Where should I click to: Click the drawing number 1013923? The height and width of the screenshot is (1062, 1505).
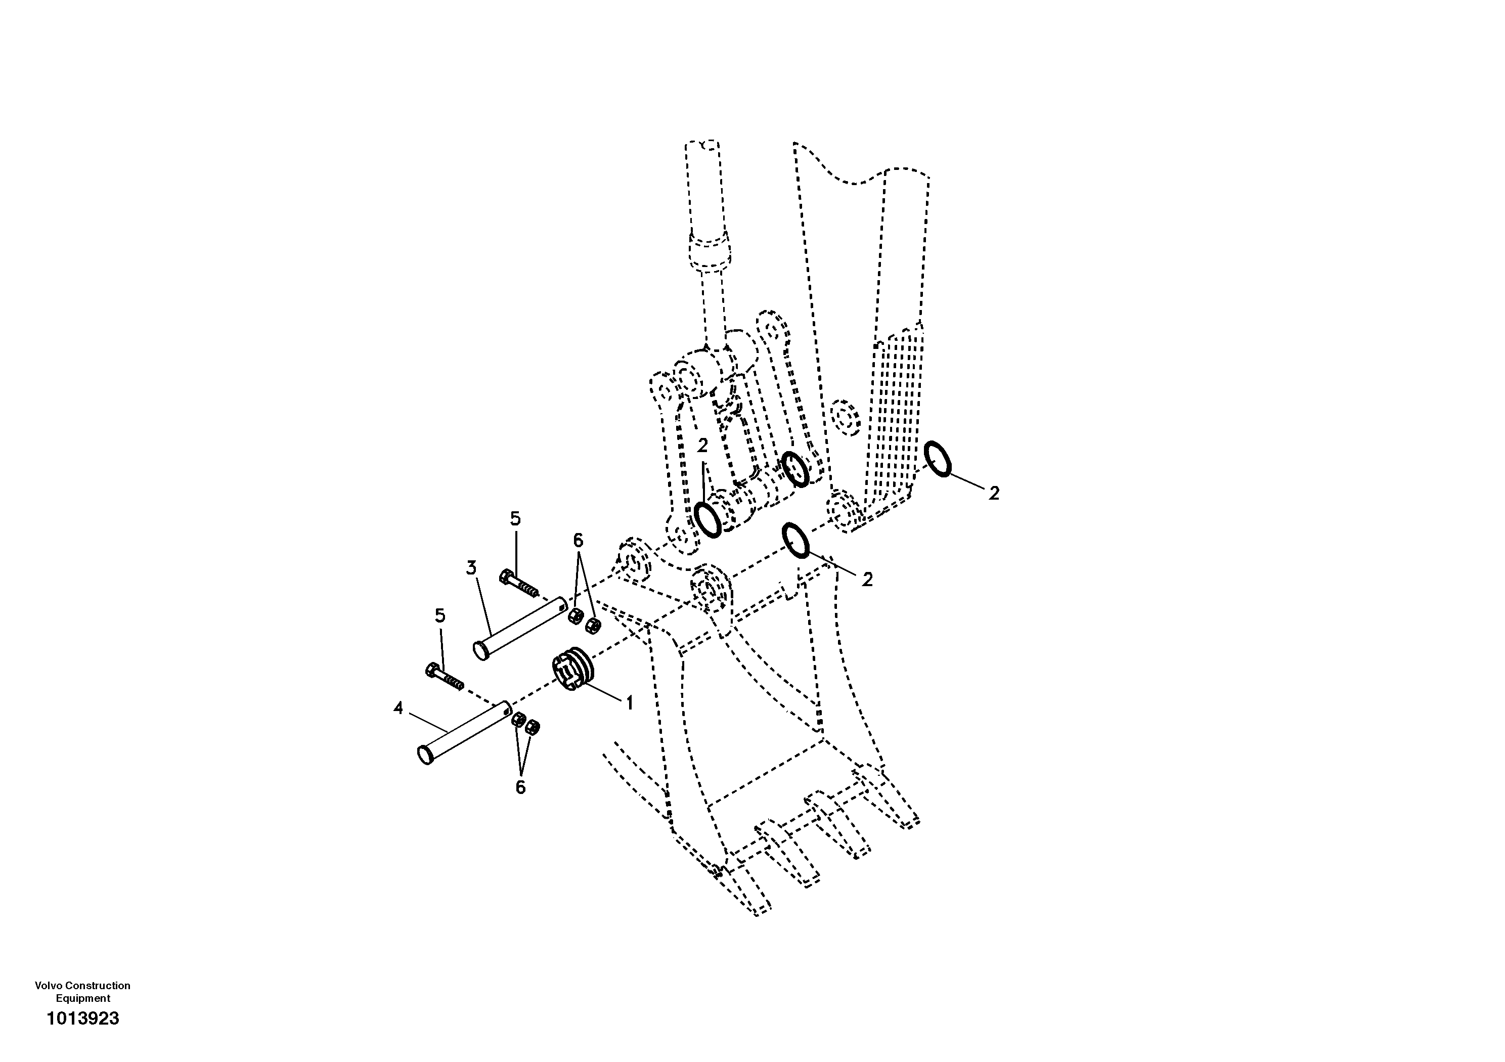click(82, 1018)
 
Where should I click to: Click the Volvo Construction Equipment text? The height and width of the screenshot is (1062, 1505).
click(82, 991)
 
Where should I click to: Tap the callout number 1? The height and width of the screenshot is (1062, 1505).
click(629, 703)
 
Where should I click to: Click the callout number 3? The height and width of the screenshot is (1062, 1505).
click(471, 568)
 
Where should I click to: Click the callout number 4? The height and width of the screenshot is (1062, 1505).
click(399, 708)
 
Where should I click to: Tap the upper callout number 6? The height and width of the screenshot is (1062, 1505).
click(578, 540)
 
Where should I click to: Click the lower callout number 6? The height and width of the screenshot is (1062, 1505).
click(520, 787)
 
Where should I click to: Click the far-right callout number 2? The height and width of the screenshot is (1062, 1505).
click(994, 494)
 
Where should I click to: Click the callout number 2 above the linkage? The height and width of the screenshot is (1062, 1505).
click(702, 446)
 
